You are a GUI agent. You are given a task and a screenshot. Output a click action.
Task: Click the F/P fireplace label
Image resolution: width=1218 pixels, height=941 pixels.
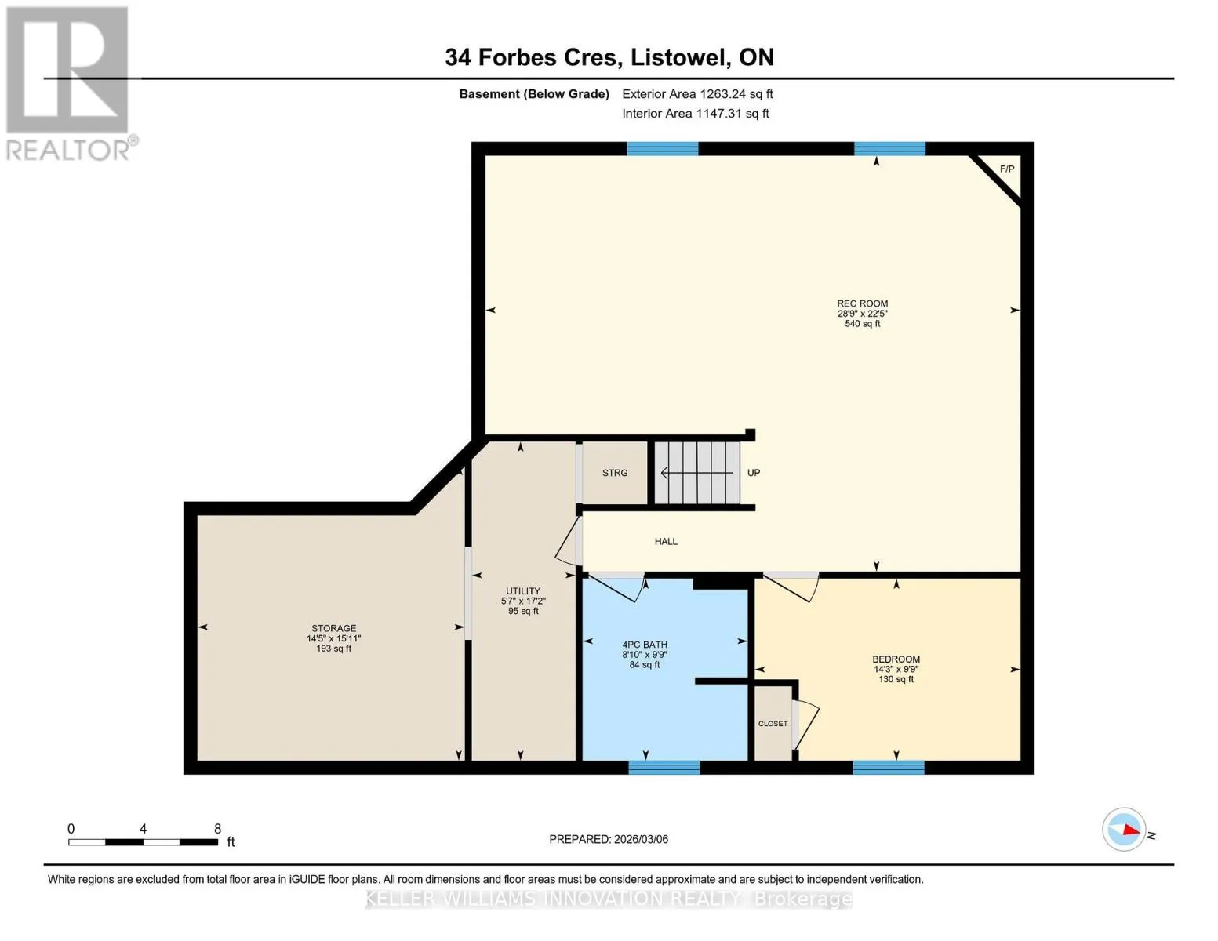click(1007, 169)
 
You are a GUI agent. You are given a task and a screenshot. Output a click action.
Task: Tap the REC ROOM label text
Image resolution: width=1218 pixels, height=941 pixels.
click(862, 303)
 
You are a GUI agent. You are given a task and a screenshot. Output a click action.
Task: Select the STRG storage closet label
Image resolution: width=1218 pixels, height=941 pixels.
click(615, 473)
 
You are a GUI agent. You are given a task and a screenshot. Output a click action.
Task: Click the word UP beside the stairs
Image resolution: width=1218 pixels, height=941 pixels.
click(754, 473)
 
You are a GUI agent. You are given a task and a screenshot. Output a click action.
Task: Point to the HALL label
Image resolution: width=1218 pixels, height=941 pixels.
click(666, 541)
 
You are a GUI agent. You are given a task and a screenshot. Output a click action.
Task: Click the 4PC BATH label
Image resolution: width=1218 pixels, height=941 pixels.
click(645, 645)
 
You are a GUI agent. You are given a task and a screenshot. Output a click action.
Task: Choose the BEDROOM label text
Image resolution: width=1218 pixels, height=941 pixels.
click(896, 659)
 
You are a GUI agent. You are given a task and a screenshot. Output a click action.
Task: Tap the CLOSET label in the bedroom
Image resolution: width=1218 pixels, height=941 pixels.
click(773, 724)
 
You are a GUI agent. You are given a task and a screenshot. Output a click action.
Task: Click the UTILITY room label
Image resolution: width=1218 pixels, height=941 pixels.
click(523, 590)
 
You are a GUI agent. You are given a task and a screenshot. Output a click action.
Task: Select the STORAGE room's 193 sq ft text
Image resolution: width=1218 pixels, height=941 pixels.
click(333, 649)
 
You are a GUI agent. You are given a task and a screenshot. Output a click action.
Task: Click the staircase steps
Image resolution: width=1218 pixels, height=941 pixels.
click(697, 473)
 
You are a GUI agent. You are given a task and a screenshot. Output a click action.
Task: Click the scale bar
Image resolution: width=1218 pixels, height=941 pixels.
click(143, 841)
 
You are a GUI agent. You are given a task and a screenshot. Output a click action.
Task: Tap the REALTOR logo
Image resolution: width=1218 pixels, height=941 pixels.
click(68, 83)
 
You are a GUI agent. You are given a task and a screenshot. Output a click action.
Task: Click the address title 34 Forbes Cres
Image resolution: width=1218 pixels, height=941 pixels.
click(533, 57)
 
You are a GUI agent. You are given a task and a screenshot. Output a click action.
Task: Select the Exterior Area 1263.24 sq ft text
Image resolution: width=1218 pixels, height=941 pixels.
click(697, 94)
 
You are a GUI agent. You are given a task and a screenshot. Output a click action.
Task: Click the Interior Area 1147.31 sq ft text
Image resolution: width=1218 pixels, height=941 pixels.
click(695, 114)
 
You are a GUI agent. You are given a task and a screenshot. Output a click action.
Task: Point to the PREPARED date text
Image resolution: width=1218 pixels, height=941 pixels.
click(609, 839)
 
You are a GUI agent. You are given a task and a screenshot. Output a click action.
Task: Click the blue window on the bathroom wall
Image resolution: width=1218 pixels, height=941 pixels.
click(664, 767)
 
